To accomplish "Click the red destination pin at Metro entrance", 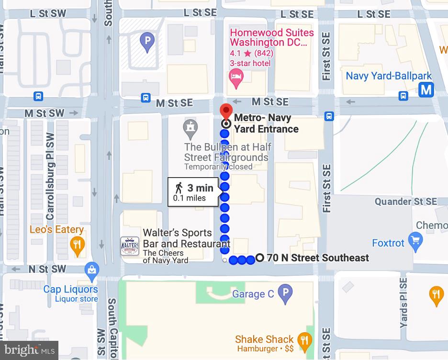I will [x=225, y=110].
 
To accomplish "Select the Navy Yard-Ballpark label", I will [x=389, y=76].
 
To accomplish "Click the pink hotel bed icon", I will [x=236, y=76].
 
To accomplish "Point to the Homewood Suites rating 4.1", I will [x=235, y=53].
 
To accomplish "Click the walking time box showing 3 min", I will [x=194, y=192].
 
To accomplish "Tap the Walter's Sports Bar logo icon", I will [x=130, y=247].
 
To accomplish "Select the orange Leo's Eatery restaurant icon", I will [x=77, y=246].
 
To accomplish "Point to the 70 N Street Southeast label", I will [x=318, y=258].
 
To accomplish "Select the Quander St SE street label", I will [x=405, y=202].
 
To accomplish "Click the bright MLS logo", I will [x=29, y=350].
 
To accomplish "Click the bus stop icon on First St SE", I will [x=329, y=116].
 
